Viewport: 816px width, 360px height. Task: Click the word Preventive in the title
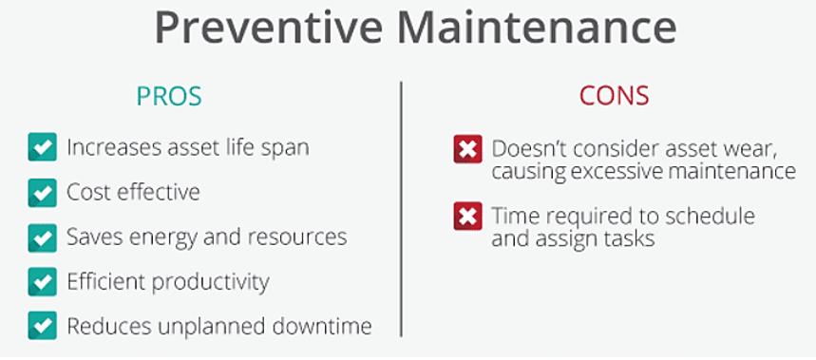(269, 28)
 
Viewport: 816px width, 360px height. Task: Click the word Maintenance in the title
(537, 28)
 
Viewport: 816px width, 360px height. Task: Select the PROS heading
(169, 96)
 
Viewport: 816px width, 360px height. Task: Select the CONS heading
(614, 96)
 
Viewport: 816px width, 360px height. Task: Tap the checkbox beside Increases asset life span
(42, 147)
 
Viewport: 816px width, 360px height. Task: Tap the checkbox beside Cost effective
(42, 193)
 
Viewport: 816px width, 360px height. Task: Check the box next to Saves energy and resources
(42, 237)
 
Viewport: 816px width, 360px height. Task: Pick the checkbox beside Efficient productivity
(42, 281)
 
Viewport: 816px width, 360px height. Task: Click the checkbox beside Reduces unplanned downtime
(42, 326)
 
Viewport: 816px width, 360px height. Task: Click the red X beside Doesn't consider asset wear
(468, 149)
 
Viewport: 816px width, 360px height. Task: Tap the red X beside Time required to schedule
(468, 216)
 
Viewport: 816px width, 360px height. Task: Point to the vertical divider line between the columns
(401, 209)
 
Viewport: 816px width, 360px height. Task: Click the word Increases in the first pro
(113, 148)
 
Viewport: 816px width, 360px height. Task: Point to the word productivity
(211, 283)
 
